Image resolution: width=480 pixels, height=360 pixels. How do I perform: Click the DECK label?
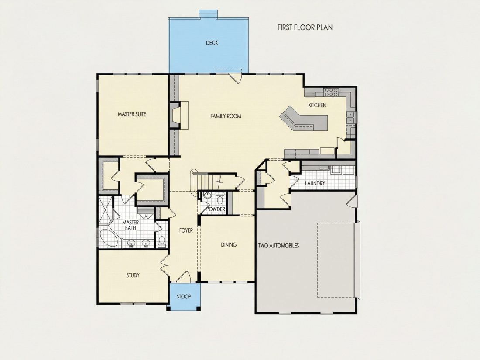[212, 43]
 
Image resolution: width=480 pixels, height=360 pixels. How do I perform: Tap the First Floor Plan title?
[305, 27]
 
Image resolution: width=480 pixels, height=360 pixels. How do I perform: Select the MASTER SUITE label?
[132, 114]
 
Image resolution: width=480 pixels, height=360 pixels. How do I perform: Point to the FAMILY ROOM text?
[226, 117]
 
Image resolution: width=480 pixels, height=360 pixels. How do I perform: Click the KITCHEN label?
[317, 105]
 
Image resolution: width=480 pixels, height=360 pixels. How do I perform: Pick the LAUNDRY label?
[315, 183]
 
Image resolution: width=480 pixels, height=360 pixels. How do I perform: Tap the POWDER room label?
[216, 209]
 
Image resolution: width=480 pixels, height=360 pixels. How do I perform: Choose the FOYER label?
[186, 230]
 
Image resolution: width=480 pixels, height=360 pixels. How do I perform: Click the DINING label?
[229, 245]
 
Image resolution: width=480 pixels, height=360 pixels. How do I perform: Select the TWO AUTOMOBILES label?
[278, 246]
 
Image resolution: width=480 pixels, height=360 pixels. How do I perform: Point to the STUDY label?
[133, 275]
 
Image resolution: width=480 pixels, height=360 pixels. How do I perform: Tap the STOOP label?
[184, 296]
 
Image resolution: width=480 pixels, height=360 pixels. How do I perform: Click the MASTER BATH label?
[131, 225]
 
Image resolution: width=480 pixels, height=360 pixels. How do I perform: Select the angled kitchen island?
[303, 119]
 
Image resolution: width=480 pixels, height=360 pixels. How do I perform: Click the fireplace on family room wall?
[176, 115]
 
